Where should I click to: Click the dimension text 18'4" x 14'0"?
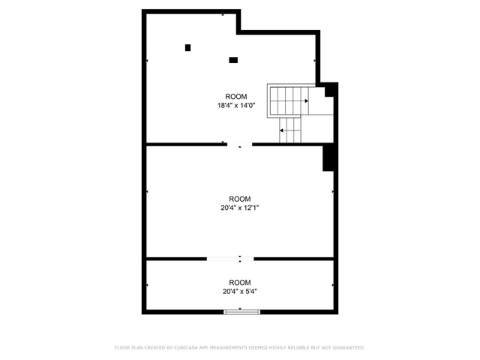236,106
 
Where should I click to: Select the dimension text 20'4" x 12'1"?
240,208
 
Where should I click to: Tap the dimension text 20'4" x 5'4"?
240,292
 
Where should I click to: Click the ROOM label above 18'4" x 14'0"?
236,97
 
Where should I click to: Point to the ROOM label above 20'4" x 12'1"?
240,199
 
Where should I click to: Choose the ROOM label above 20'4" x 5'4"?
240,283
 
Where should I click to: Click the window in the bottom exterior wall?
241,312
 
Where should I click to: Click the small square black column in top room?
188,48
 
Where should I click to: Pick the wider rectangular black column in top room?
233,60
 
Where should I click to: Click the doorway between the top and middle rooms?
240,145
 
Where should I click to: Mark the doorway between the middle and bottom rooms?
230,259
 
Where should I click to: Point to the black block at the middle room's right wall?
328,158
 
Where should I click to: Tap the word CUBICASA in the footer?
186,348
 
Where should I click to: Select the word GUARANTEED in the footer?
349,348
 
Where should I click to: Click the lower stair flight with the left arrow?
290,130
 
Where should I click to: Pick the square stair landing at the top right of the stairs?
321,101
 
